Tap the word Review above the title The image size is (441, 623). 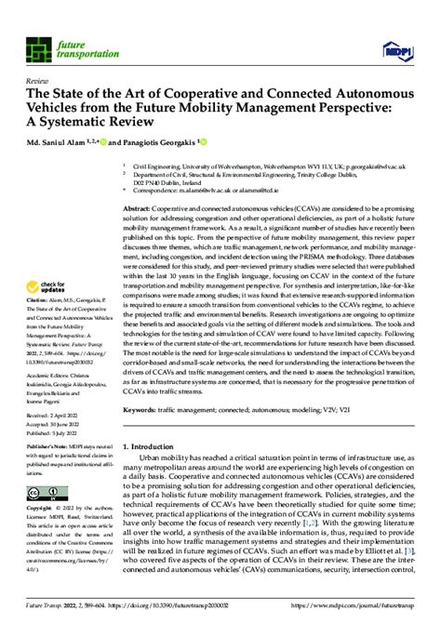click(40, 82)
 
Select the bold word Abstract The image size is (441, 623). click(139, 211)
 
